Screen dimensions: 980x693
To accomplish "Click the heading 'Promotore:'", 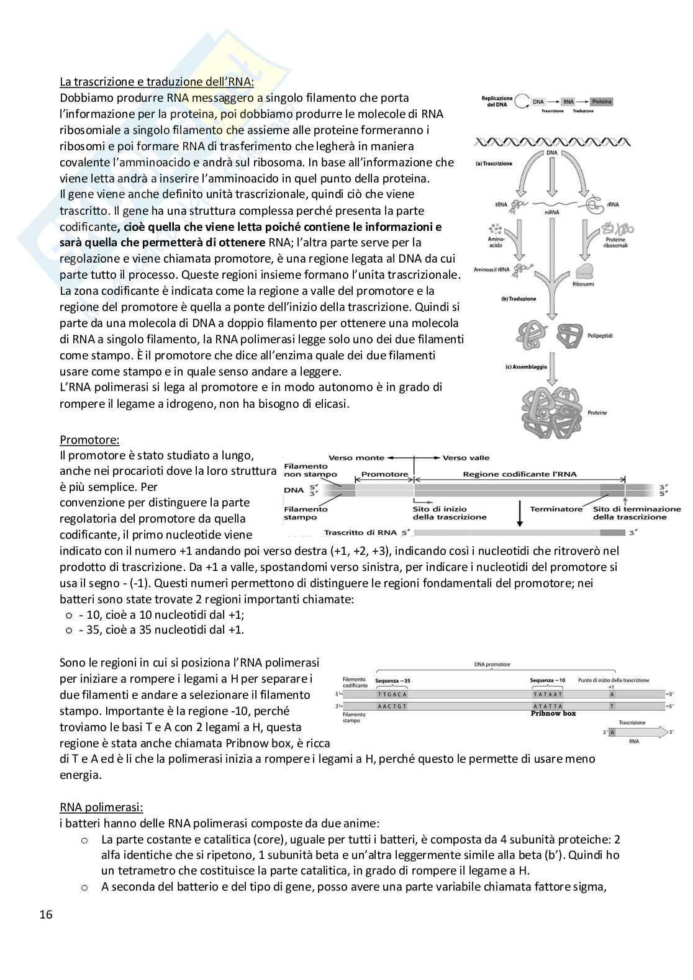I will (89, 439).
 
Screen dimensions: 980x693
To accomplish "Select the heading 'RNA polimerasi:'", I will (101, 807).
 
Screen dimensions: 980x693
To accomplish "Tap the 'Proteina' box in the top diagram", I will (600, 101).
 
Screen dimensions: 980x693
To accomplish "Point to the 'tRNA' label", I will (500, 204).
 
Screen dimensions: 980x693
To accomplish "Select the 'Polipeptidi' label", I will (599, 335).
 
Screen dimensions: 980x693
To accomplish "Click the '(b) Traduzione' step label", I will (519, 299).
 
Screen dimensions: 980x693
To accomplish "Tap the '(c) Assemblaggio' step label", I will (526, 367).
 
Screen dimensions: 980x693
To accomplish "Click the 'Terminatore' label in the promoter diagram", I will (556, 509).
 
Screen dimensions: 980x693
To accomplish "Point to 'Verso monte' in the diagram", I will (356, 458).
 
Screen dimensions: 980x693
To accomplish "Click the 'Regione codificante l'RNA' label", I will (520, 474).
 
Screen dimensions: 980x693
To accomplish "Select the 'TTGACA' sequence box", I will (392, 695).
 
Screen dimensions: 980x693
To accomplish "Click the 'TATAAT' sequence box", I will (548, 695).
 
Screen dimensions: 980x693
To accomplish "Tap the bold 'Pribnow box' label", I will (553, 713).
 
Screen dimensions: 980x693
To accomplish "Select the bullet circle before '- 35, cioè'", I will (68, 630).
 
